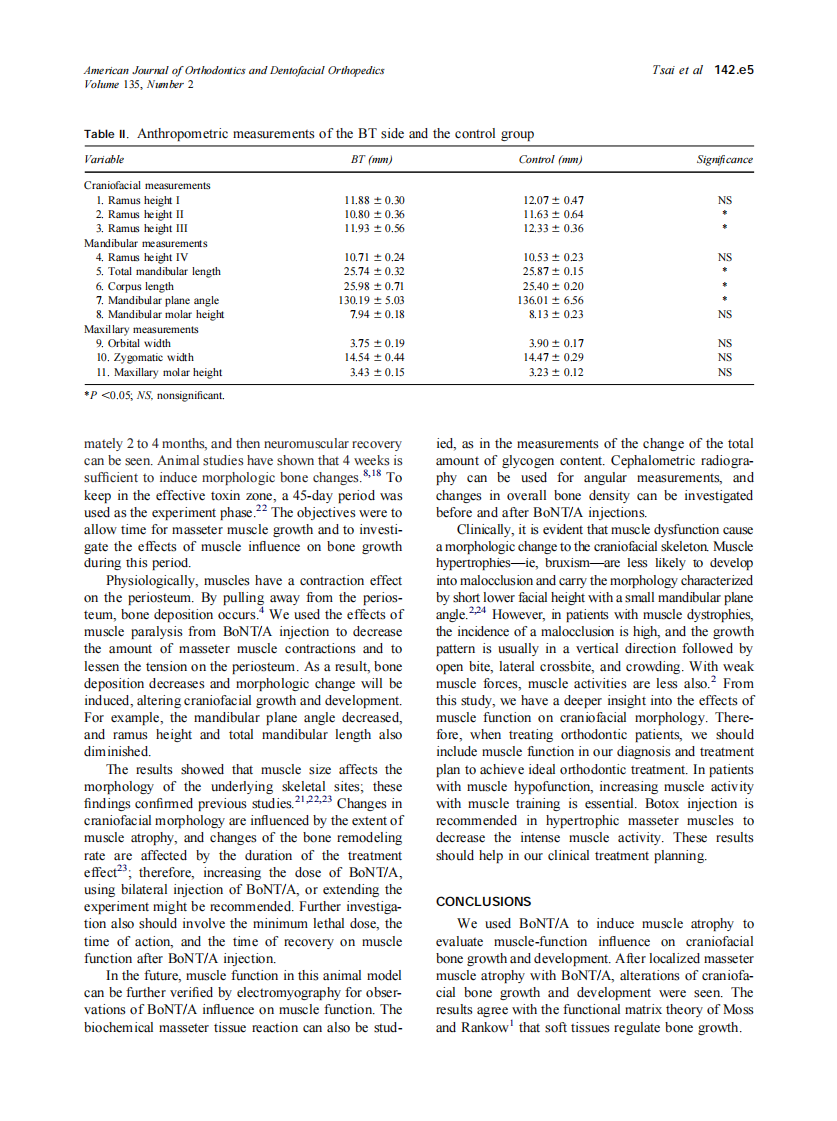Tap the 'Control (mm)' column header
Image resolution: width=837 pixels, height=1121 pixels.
coord(550,160)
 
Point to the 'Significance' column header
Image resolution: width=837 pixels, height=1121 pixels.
coord(724,160)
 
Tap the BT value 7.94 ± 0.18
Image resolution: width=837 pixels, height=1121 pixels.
coord(374,314)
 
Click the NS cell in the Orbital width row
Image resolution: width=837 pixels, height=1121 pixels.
coord(725,343)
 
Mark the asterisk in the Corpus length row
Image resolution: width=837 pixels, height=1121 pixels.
coord(725,286)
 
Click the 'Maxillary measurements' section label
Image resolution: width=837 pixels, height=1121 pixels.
coord(141,329)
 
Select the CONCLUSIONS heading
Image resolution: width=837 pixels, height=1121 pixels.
coord(484,901)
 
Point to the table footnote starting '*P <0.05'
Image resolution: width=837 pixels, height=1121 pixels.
coord(153,395)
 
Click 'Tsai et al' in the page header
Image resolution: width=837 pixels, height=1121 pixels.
coord(677,71)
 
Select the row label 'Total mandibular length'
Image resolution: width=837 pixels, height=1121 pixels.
coord(158,271)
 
